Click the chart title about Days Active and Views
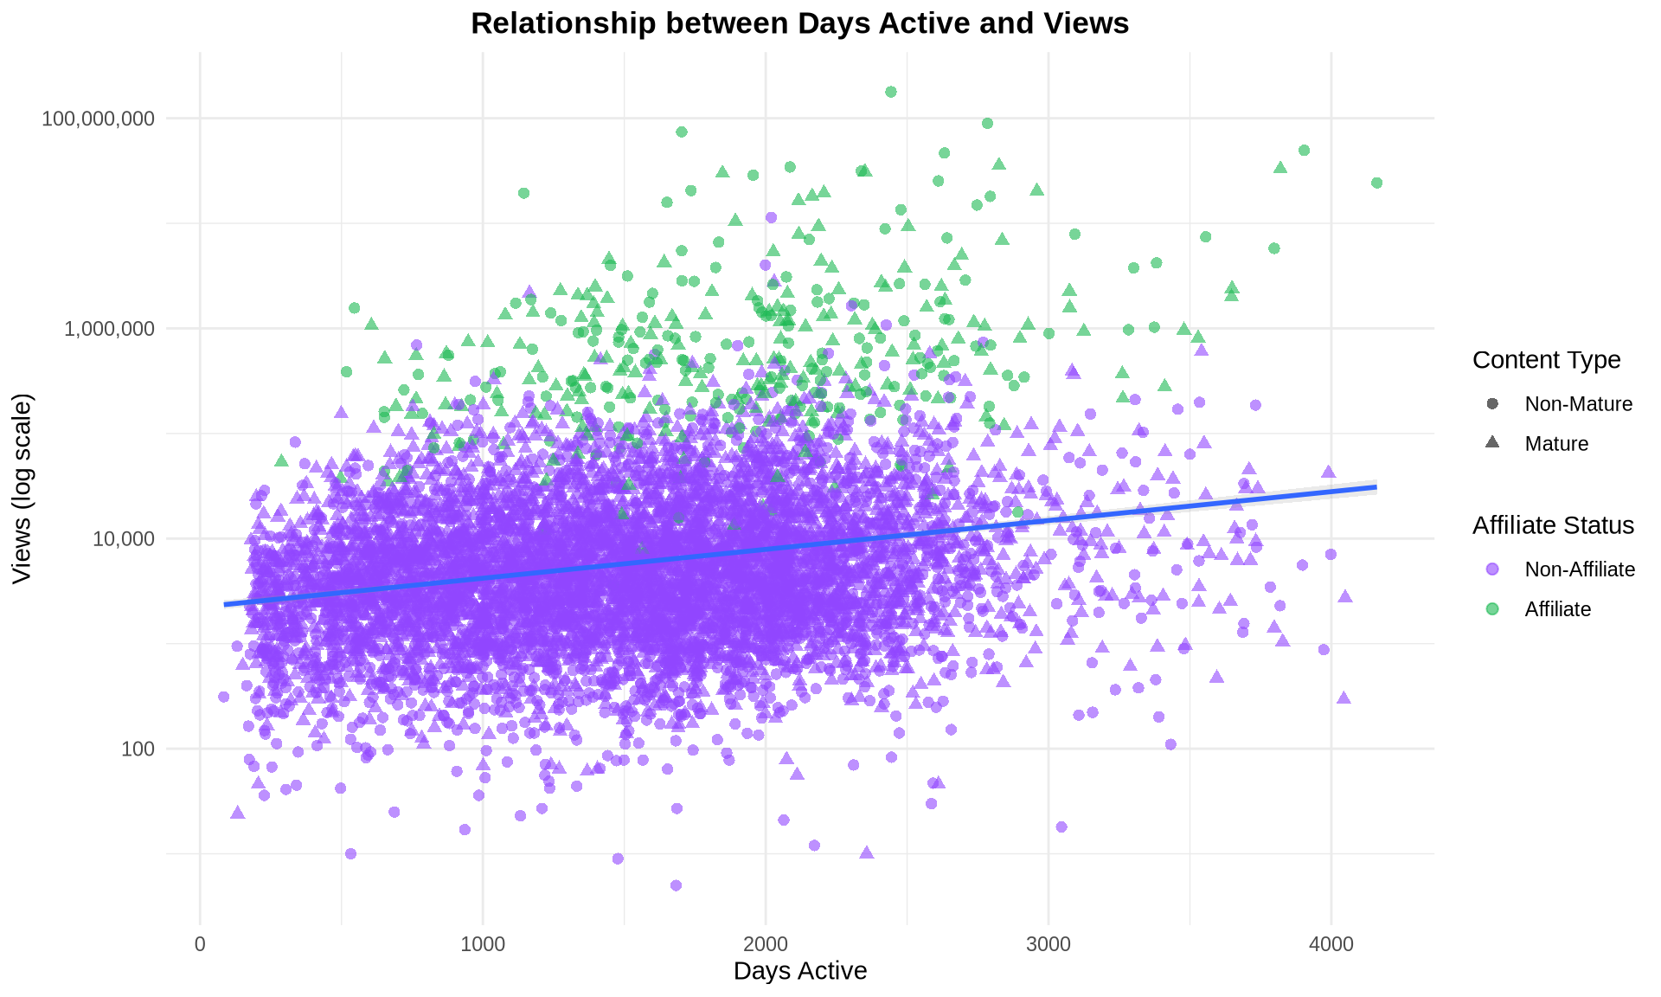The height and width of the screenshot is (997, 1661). [799, 23]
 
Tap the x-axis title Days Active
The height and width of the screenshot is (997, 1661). [799, 971]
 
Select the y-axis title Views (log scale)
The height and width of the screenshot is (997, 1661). [22, 488]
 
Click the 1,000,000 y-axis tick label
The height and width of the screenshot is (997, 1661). [110, 329]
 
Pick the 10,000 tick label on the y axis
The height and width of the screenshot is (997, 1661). [123, 539]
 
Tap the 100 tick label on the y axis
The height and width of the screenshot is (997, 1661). [138, 749]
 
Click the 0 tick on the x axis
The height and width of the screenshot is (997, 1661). [200, 944]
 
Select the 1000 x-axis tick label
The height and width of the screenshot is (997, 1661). [483, 944]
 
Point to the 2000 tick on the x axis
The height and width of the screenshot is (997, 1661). [766, 944]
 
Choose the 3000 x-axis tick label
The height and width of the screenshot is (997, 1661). [1049, 944]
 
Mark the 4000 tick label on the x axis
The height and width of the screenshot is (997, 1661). [1331, 944]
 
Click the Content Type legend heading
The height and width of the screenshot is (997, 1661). [1546, 360]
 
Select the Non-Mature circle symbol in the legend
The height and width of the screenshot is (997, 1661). [1492, 404]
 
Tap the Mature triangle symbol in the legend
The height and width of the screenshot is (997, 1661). [1492, 443]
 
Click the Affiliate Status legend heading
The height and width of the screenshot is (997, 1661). [1553, 525]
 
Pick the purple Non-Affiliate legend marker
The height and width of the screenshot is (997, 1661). [1492, 569]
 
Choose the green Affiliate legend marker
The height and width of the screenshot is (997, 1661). [1492, 609]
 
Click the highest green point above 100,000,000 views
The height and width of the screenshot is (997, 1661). [891, 92]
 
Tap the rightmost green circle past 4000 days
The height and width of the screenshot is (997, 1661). [1376, 183]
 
